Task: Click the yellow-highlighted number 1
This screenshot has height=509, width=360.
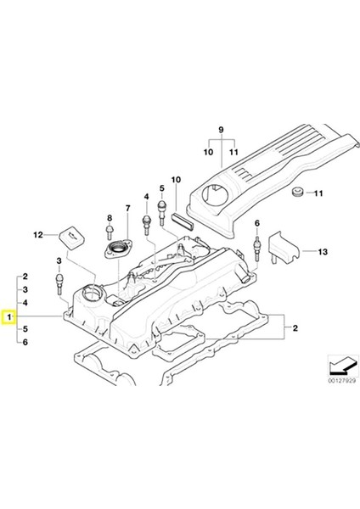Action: click(9, 319)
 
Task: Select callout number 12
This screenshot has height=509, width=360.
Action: click(37, 234)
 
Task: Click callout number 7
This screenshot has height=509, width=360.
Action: click(127, 209)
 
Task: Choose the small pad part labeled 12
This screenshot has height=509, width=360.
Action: click(69, 234)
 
